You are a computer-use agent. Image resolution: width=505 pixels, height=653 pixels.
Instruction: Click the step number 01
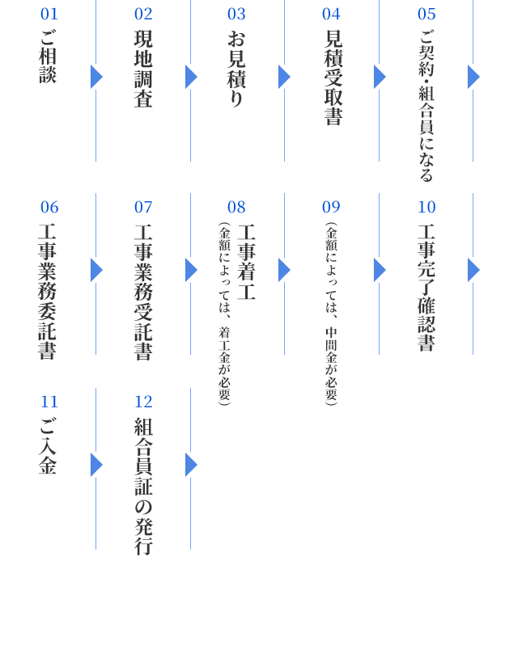(x=49, y=15)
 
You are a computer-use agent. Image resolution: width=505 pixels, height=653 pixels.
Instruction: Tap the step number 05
(x=426, y=15)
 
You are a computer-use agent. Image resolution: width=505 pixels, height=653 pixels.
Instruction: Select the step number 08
(x=236, y=208)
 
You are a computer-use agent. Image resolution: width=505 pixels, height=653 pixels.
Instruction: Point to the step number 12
(x=143, y=402)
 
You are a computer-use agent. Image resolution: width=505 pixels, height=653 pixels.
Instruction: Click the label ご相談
(x=48, y=57)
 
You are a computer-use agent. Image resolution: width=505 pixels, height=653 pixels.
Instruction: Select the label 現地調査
(x=143, y=69)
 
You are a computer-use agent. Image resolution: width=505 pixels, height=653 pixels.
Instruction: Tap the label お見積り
(x=236, y=69)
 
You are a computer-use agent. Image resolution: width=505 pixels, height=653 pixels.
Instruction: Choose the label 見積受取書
(x=333, y=78)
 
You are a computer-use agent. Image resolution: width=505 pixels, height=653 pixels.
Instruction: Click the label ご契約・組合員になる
(x=426, y=105)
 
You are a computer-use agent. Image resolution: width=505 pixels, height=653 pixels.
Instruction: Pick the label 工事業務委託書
(x=48, y=292)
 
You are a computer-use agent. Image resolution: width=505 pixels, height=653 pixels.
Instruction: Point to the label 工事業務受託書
(x=143, y=292)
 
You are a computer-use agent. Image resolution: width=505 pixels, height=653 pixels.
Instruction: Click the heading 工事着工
(x=246, y=262)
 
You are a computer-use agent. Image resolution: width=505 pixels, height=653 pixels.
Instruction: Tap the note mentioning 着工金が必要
(x=224, y=314)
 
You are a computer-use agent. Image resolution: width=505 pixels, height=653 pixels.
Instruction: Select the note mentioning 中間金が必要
(x=331, y=314)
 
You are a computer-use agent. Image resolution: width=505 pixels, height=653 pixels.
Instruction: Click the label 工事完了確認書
(x=426, y=288)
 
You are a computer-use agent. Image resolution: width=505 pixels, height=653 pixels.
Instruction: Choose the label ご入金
(x=48, y=446)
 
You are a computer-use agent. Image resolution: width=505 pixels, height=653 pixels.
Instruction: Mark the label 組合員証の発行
(x=143, y=486)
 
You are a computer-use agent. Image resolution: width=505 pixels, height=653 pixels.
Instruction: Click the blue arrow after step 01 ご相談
(x=97, y=77)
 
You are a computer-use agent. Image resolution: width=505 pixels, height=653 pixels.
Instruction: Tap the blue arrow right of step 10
(x=473, y=270)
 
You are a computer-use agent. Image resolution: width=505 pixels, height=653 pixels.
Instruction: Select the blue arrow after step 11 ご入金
(x=97, y=465)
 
